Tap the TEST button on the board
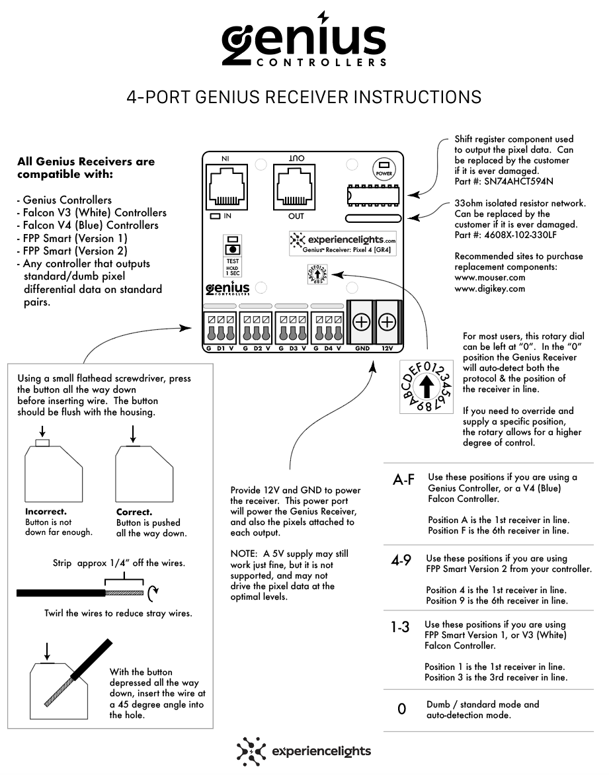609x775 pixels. [232, 250]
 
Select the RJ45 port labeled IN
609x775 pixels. [227, 186]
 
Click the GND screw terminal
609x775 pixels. [362, 323]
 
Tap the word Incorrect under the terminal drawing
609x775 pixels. [46, 512]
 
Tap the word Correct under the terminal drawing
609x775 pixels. [134, 512]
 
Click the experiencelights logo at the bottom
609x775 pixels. [304, 752]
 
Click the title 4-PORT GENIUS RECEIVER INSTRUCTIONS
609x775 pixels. [304, 97]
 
